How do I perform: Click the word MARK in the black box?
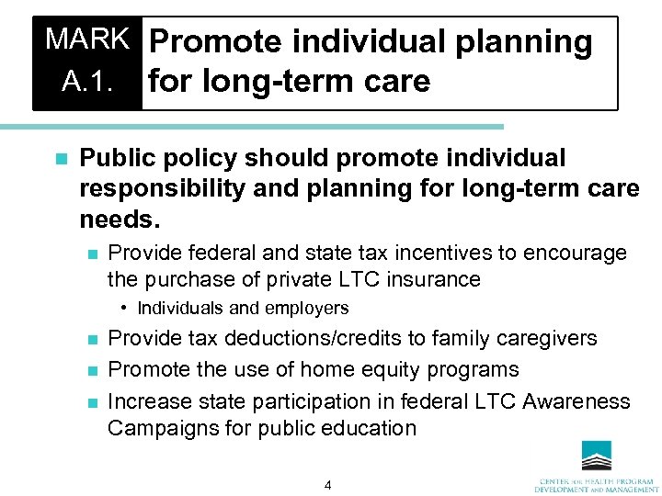click(x=88, y=39)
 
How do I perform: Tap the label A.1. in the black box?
click(x=88, y=82)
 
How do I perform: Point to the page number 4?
click(x=327, y=485)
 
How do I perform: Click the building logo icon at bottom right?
click(x=598, y=456)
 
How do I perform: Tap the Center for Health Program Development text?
click(x=597, y=484)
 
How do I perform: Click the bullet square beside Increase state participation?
click(x=88, y=402)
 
